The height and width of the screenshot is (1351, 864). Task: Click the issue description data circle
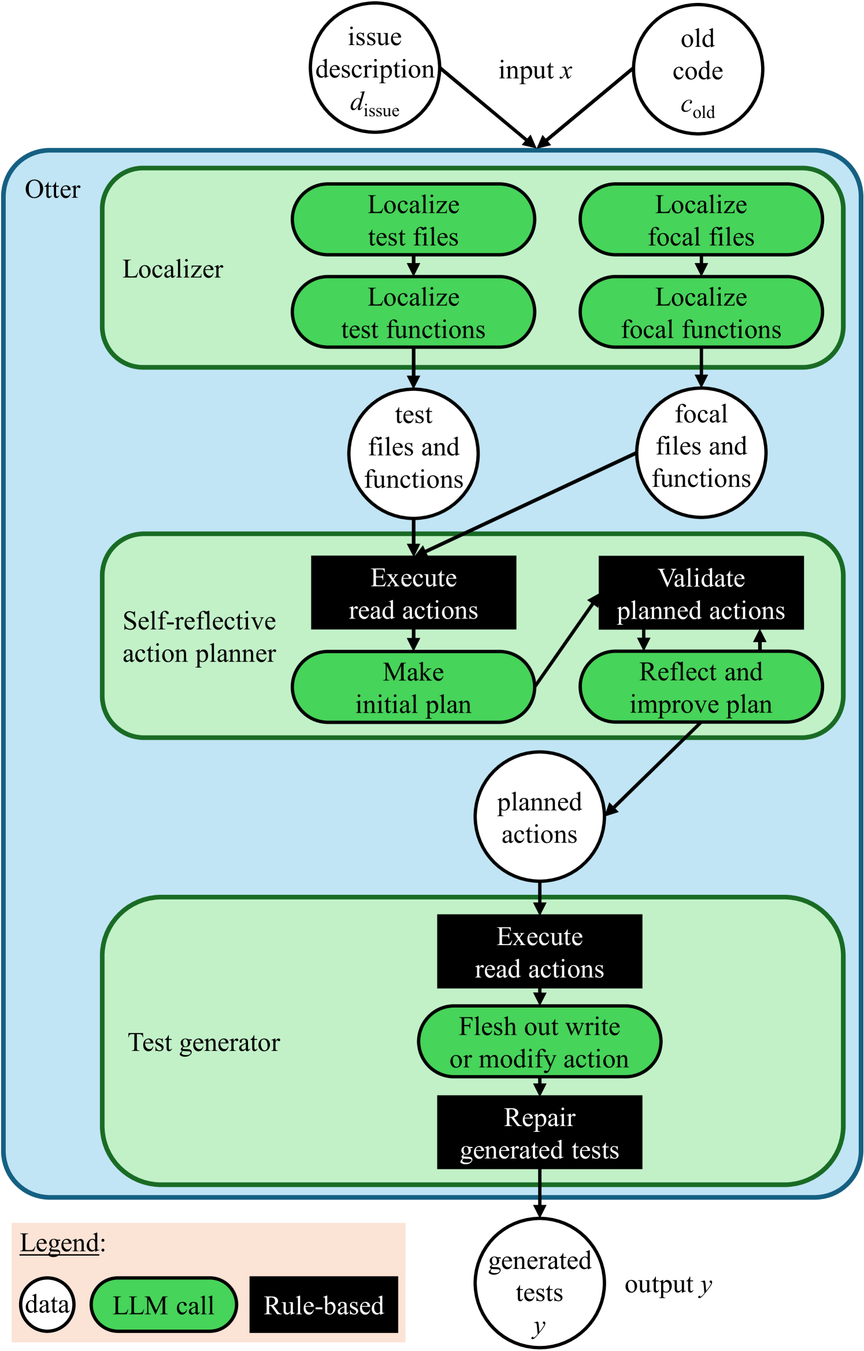click(x=374, y=68)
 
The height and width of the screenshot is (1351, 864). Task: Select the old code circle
click(x=698, y=69)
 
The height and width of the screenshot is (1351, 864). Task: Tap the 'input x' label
click(x=535, y=71)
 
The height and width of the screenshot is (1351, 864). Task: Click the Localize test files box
click(x=413, y=220)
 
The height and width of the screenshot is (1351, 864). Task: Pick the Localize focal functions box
click(x=701, y=312)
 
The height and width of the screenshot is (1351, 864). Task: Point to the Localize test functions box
click(x=413, y=312)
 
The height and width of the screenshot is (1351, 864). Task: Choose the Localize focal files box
click(x=701, y=220)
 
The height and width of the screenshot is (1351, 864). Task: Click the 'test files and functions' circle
click(x=413, y=454)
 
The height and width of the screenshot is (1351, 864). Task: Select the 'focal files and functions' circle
click(x=701, y=453)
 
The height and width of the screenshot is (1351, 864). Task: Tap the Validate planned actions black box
click(x=701, y=593)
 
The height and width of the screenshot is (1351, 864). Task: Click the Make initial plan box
click(x=413, y=687)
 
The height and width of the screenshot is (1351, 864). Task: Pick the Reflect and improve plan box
click(x=701, y=687)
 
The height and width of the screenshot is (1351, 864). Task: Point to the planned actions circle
click(x=539, y=817)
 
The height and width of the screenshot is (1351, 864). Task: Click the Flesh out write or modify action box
click(x=539, y=1042)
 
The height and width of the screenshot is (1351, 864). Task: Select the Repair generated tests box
click(x=539, y=1132)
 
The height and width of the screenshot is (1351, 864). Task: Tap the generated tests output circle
click(x=539, y=1283)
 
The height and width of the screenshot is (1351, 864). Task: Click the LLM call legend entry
click(x=164, y=1305)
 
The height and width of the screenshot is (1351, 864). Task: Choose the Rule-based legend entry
click(x=324, y=1305)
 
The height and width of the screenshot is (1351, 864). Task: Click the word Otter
click(x=53, y=190)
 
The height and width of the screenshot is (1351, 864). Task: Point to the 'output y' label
click(x=669, y=1285)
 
